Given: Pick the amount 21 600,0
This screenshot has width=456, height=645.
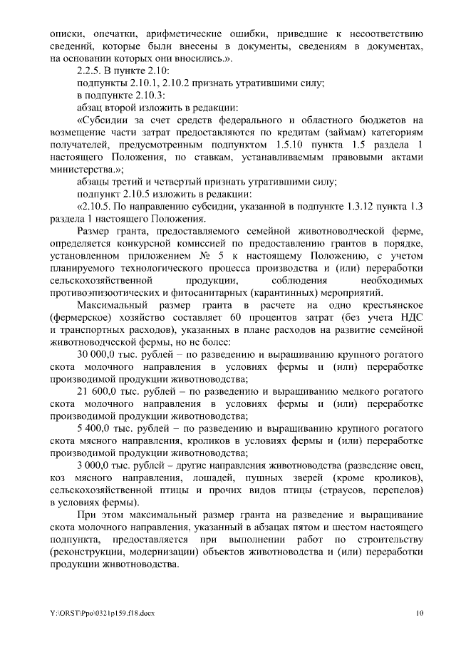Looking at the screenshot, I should coord(98,393).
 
